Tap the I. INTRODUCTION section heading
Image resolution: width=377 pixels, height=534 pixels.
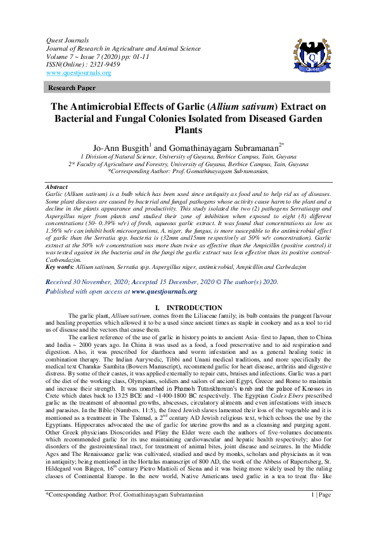[x=188, y=308]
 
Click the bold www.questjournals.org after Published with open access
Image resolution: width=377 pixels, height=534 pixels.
[x=165, y=292]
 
